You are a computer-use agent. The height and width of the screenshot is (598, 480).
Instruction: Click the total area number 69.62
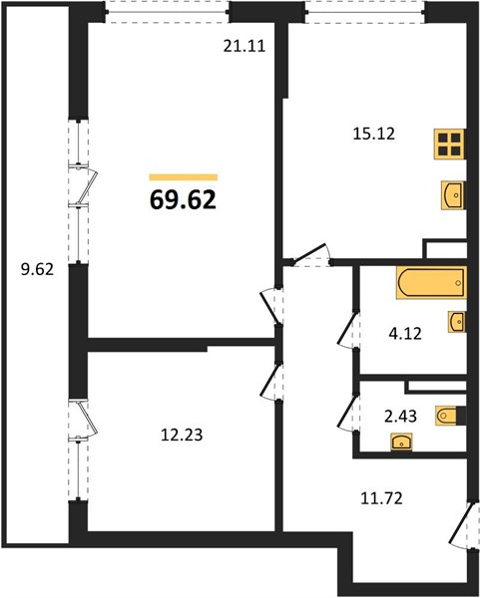(183, 200)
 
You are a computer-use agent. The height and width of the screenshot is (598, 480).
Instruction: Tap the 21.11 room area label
(244, 46)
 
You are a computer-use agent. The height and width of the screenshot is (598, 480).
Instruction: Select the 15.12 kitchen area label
(374, 134)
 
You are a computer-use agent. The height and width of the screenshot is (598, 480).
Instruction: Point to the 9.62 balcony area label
(37, 270)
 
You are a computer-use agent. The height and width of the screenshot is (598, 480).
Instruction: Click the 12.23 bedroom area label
(182, 435)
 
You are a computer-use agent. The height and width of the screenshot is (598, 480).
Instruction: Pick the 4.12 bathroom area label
(405, 334)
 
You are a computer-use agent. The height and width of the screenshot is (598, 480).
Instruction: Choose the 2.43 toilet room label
(400, 416)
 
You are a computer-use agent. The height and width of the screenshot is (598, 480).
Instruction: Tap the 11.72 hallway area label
(381, 498)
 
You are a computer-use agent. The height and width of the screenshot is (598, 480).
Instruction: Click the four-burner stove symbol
(449, 144)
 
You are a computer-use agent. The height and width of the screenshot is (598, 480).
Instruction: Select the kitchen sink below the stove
(453, 195)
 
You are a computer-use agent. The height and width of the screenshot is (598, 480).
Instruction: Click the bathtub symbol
(431, 283)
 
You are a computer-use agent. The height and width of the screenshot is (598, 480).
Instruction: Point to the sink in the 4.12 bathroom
(457, 322)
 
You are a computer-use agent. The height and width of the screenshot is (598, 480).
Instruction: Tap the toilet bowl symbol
(451, 416)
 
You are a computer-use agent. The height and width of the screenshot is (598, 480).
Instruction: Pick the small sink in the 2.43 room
(401, 442)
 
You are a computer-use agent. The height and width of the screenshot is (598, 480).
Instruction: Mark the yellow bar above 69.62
(184, 177)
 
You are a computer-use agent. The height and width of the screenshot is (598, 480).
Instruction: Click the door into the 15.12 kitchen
(311, 254)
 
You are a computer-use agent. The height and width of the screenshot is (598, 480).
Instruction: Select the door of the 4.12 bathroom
(348, 329)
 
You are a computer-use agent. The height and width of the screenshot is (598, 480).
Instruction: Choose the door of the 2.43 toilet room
(348, 413)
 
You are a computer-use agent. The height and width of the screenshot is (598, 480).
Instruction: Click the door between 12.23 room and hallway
(271, 381)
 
